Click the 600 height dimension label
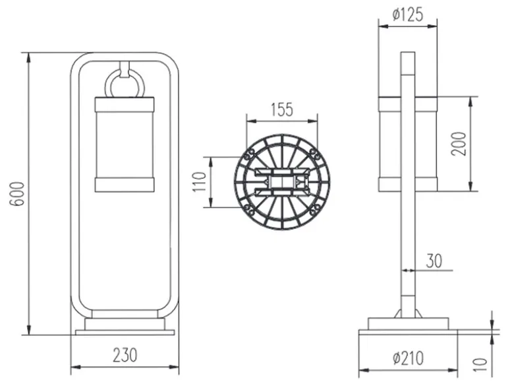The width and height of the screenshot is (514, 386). point(17,193)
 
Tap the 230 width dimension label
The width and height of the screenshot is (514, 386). point(125,355)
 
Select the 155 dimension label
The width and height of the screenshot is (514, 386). point(282,110)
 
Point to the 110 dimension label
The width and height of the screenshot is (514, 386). point(199,181)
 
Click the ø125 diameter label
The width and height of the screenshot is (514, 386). point(408,15)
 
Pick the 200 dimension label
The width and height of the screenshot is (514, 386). point(458,144)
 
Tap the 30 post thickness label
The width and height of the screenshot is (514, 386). point(434,261)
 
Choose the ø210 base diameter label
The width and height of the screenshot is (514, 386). point(408,358)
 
